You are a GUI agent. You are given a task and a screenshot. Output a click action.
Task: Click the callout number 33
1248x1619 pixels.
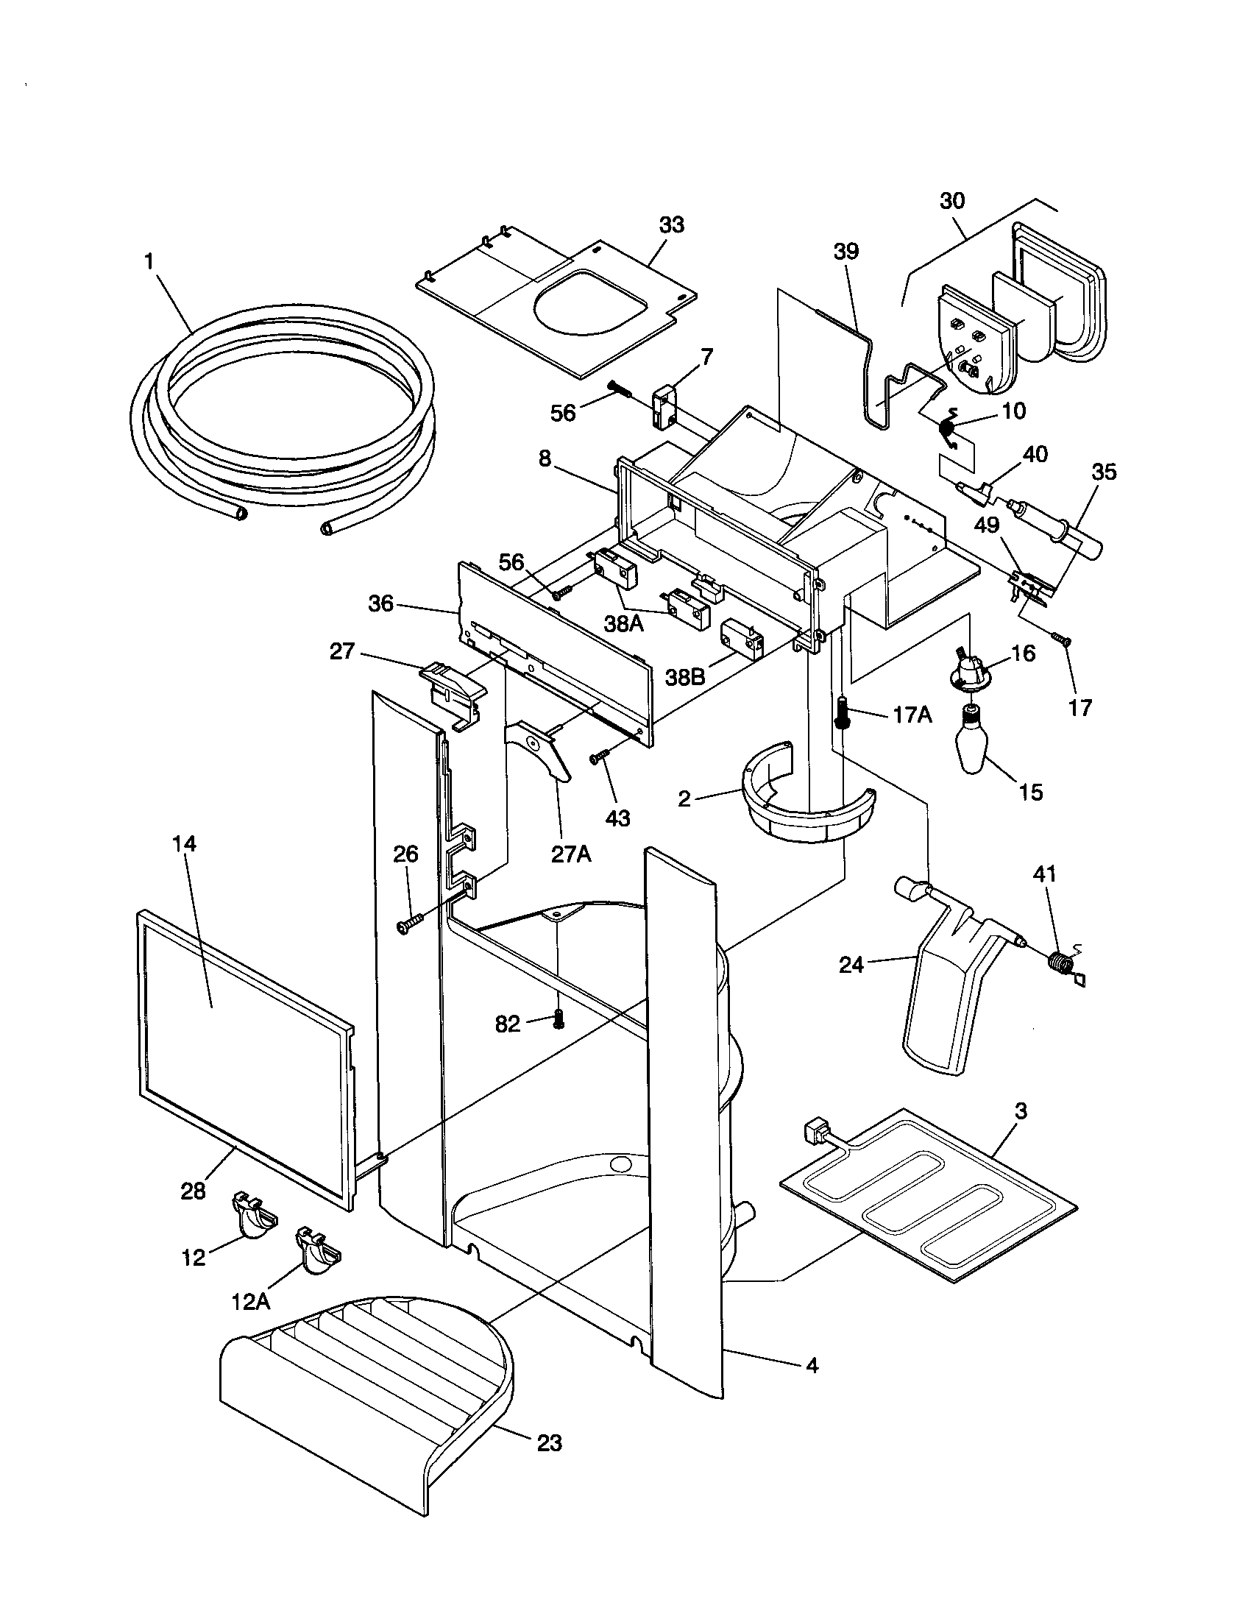click(671, 224)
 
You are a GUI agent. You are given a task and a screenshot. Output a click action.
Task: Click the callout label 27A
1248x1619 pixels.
click(571, 854)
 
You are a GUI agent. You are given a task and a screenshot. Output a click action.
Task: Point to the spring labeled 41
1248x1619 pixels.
click(1062, 965)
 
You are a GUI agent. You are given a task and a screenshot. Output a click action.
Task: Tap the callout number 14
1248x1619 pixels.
click(185, 843)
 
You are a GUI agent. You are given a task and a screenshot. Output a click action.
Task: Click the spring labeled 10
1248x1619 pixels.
click(949, 428)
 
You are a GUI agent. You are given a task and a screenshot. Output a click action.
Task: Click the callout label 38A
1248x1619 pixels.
click(624, 624)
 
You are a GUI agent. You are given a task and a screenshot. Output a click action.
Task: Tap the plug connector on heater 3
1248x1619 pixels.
click(815, 1133)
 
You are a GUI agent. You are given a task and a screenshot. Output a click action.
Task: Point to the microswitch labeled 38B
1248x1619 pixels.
click(740, 639)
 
